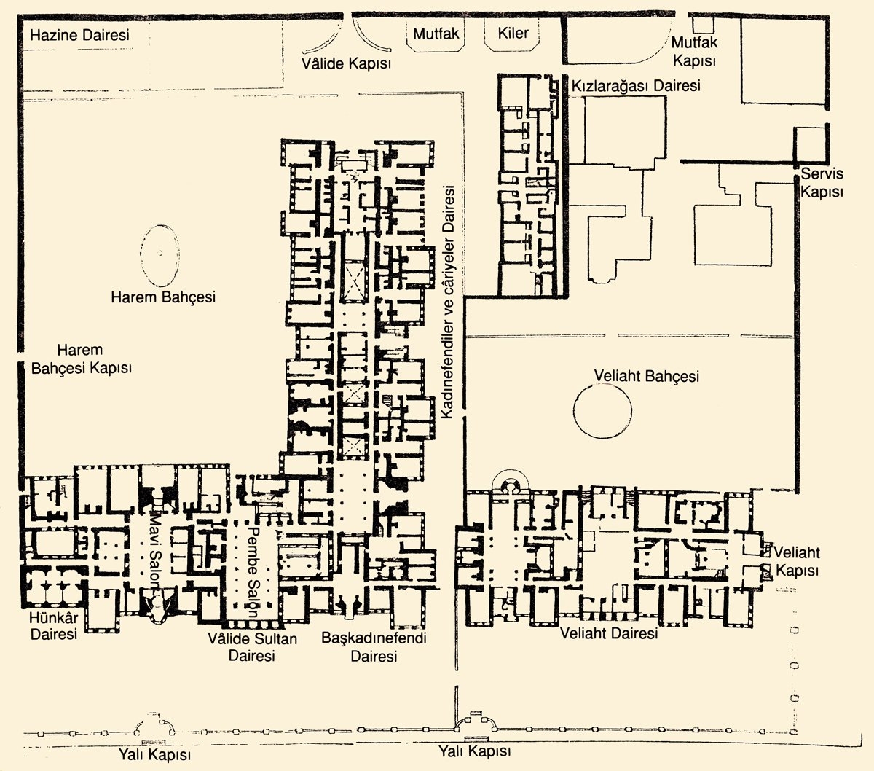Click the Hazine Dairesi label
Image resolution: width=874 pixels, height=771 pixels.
point(80,35)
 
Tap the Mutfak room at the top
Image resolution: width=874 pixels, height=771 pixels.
point(436,34)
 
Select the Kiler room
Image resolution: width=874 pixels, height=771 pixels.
point(513,34)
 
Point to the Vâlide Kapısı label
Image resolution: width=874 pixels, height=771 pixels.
point(346,64)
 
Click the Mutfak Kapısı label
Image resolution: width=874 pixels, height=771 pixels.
point(694,51)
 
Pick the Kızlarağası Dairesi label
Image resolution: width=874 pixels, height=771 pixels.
point(636,86)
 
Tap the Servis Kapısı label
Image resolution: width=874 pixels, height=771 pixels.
point(822,183)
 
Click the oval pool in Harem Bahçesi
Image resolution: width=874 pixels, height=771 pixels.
point(160,255)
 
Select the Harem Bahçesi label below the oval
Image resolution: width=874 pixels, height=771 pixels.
point(163,297)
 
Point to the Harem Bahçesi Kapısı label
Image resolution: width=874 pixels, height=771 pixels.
point(82,359)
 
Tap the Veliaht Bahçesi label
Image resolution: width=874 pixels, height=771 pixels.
point(646,376)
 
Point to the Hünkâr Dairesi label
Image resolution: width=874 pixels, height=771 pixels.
point(54,626)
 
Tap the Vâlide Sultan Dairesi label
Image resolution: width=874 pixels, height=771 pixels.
point(252,647)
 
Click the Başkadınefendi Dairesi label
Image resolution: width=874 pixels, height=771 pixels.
point(374,647)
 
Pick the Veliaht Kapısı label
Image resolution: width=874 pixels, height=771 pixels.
point(797,561)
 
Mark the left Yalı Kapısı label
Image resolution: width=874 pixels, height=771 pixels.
point(154,755)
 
